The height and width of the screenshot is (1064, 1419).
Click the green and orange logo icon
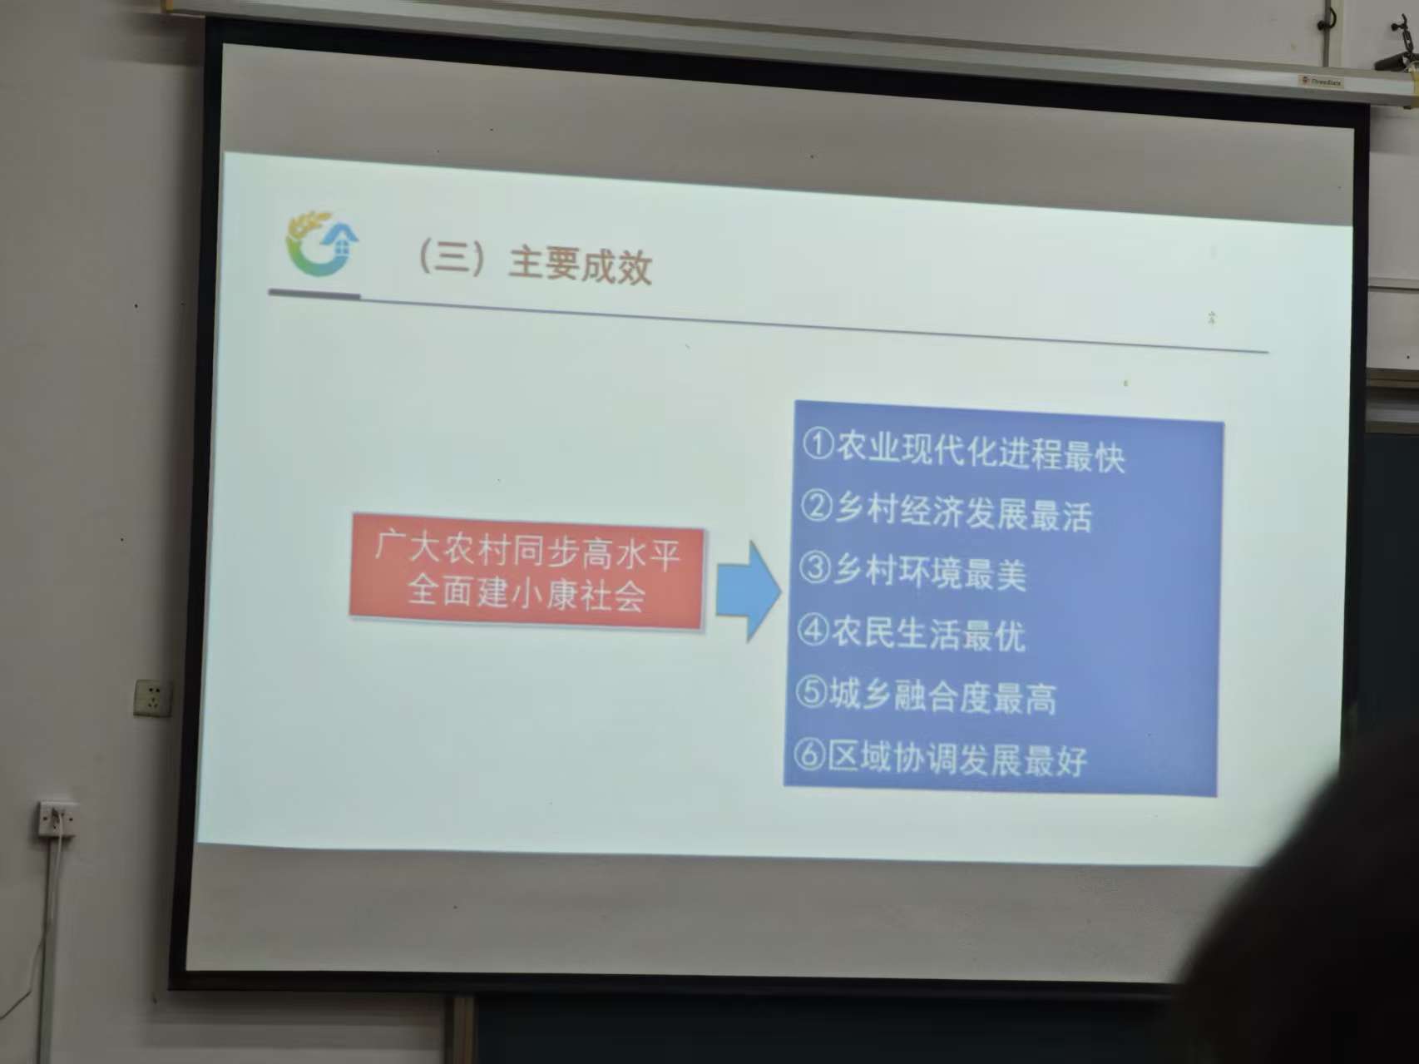tap(322, 243)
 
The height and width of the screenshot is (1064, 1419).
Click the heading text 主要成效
tap(580, 265)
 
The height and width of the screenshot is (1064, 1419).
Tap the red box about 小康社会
tap(527, 572)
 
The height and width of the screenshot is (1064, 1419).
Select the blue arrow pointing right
tap(748, 591)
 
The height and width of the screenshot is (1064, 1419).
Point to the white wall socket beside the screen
tap(153, 697)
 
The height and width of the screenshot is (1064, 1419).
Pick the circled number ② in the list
tap(816, 506)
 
